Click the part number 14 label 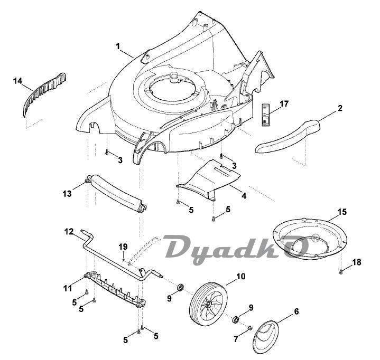[18, 81]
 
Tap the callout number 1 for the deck [119, 46]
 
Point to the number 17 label [284, 103]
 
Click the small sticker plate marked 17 [266, 114]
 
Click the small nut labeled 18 [341, 272]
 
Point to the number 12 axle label [69, 231]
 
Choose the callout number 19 [123, 247]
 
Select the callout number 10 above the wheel [240, 276]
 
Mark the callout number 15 [342, 212]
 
